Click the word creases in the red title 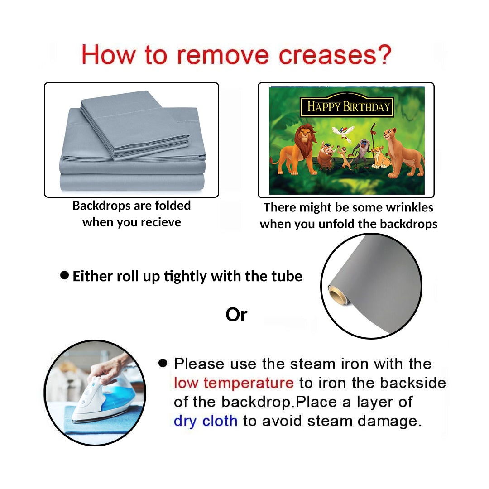click(x=327, y=55)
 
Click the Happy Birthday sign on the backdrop click(x=347, y=106)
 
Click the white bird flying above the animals click(x=343, y=132)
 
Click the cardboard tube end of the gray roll click(x=338, y=295)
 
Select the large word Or click(x=236, y=315)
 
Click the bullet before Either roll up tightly click(x=65, y=275)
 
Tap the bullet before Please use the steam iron click(x=163, y=363)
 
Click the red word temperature click(x=249, y=383)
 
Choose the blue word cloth click(x=220, y=421)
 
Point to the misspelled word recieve click(x=161, y=222)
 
